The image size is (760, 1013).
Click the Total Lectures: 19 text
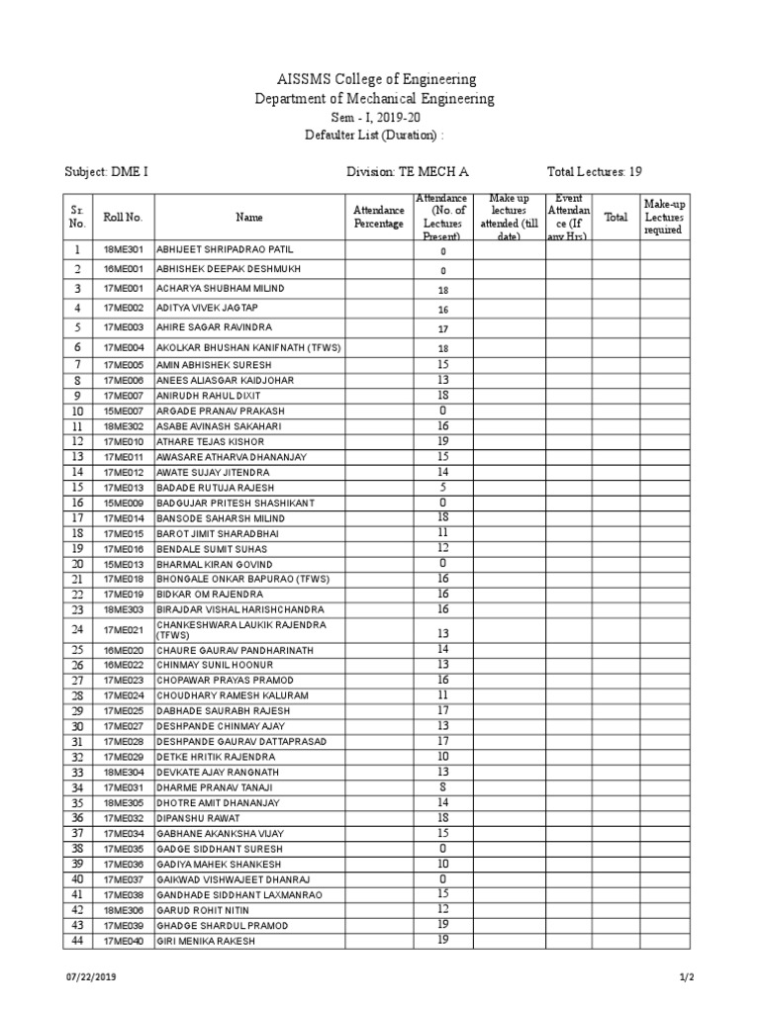coord(601,171)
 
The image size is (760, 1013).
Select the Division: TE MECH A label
coord(407,171)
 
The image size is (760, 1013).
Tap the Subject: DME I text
coord(107,171)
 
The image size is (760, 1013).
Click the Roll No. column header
coord(123,217)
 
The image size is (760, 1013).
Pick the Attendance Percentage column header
coord(378,217)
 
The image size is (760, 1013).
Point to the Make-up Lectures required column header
coord(663,217)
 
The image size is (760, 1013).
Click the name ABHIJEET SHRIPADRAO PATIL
coord(225,250)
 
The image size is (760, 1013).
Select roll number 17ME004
coord(123,347)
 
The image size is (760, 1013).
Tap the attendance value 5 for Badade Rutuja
coord(442,488)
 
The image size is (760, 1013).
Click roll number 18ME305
coord(123,803)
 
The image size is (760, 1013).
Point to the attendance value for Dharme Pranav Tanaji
coord(442,788)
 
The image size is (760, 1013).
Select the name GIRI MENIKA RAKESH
coord(205,941)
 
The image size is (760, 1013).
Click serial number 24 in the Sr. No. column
coord(76,629)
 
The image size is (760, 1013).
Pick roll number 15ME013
coord(123,564)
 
